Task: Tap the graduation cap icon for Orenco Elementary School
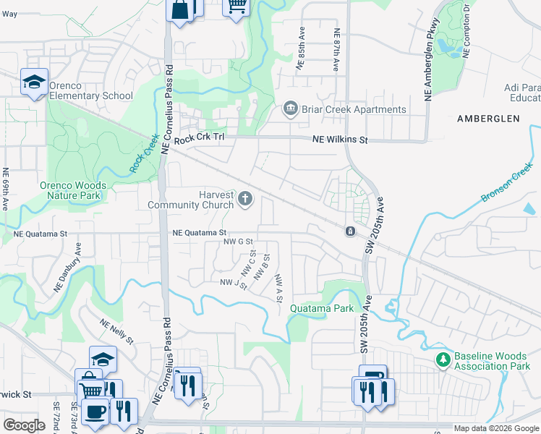click(33, 82)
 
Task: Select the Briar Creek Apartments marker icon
click(290, 109)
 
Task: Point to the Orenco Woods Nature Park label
click(73, 190)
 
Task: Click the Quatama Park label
click(322, 308)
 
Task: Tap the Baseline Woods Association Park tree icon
click(443, 359)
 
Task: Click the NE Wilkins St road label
click(340, 140)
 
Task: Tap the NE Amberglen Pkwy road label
click(428, 65)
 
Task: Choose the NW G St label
click(238, 242)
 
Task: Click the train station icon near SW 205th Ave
click(349, 231)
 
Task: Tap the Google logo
click(24, 425)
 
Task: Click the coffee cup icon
click(95, 411)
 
